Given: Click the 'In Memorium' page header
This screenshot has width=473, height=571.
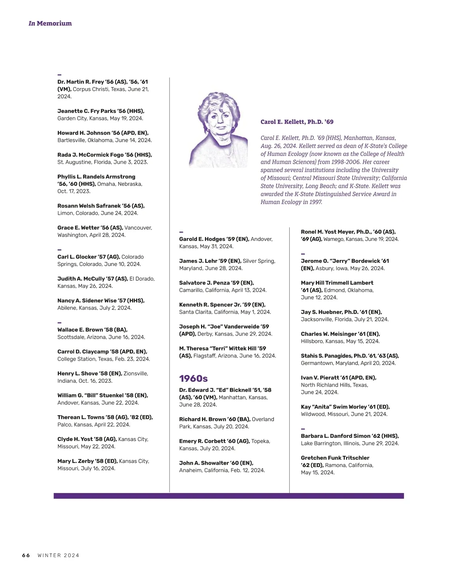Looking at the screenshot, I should click(50, 23).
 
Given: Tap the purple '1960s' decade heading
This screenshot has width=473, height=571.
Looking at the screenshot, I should click(193, 378).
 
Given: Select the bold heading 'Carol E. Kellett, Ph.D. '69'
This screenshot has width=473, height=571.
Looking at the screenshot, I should click(297, 122).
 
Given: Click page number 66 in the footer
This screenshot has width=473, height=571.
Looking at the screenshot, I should click(26, 555).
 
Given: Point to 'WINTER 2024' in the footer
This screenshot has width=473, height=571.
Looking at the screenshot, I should click(58, 555).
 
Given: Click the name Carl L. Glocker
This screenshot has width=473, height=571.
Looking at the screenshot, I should click(76, 257).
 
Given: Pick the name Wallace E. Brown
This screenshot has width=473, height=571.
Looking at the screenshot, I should click(82, 330).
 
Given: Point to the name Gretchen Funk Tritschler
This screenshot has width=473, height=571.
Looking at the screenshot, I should click(335, 458).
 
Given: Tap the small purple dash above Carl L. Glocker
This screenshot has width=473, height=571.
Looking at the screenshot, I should click(60, 250).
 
